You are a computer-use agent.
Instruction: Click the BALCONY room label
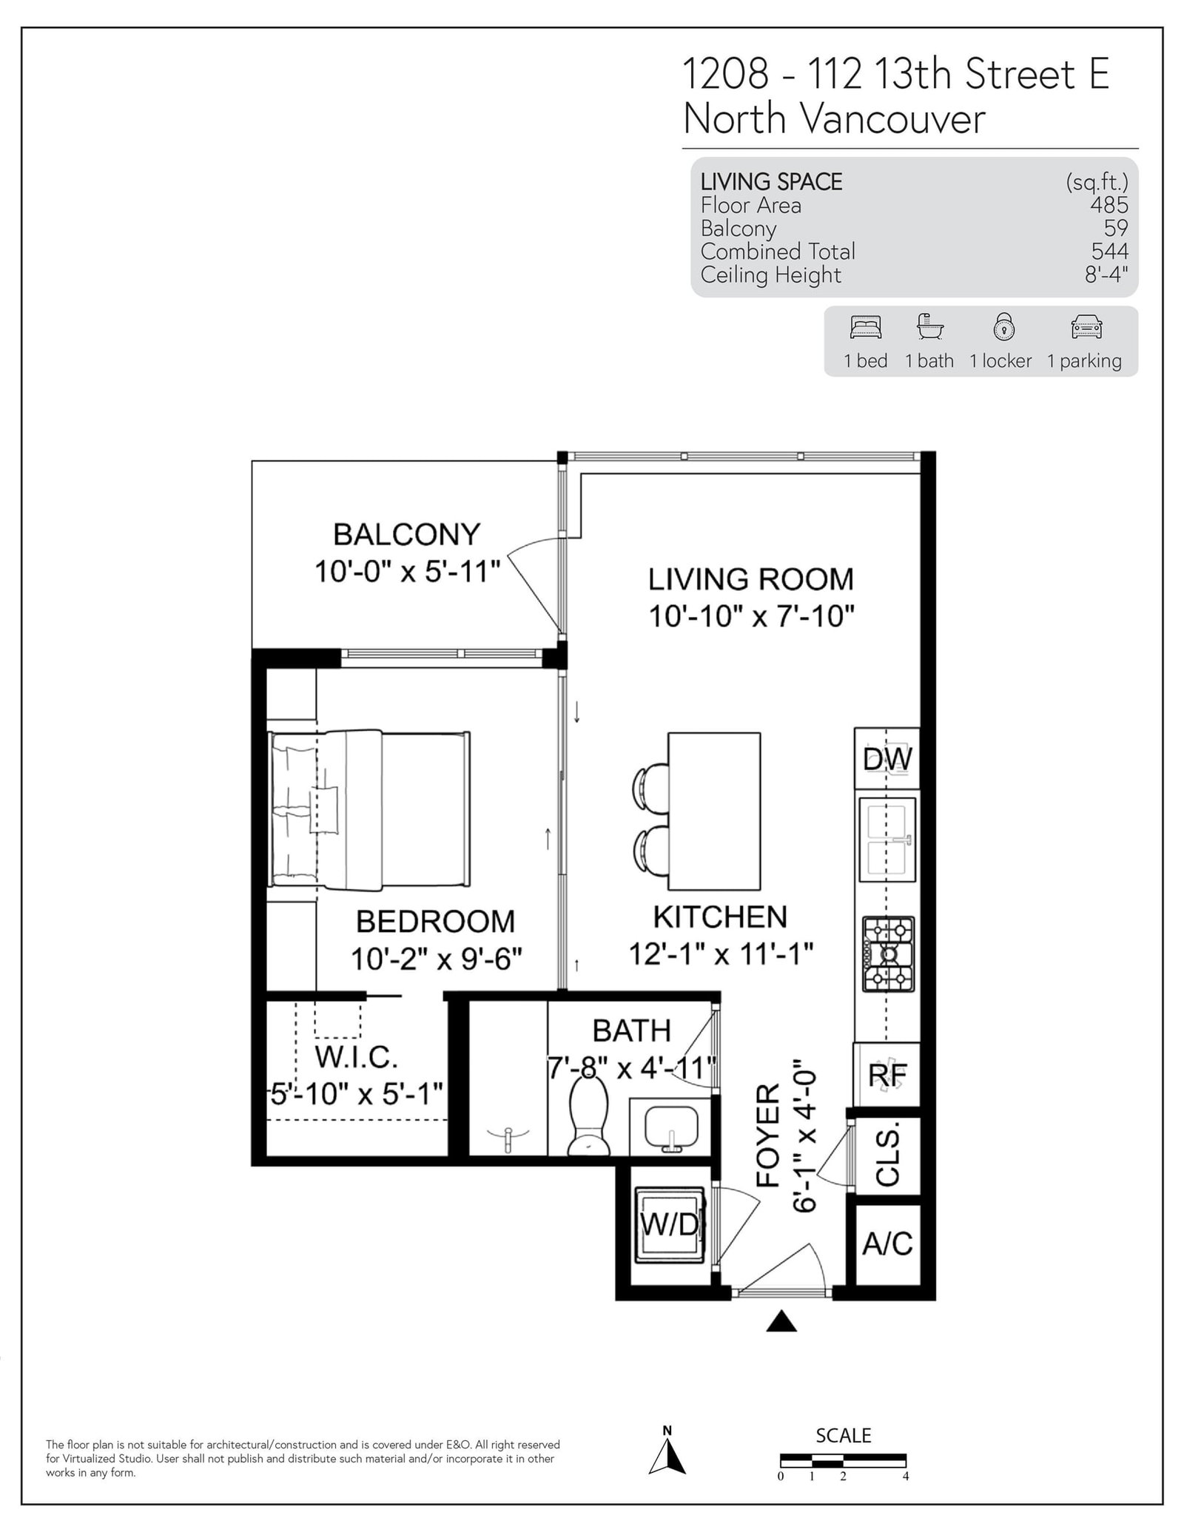[406, 534]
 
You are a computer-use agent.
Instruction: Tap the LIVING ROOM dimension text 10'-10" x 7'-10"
[752, 615]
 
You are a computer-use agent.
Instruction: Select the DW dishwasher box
[887, 759]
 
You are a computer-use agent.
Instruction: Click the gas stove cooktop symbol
[888, 954]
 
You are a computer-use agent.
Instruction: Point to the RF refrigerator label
[887, 1075]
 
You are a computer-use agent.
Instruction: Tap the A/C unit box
[887, 1244]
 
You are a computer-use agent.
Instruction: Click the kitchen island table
[714, 811]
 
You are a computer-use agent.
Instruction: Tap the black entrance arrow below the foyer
[781, 1321]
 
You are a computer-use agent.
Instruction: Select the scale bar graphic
[843, 1461]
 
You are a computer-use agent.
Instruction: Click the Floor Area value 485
[1109, 205]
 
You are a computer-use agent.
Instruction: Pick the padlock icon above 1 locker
[1003, 327]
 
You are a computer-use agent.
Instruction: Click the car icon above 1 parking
[1086, 327]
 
